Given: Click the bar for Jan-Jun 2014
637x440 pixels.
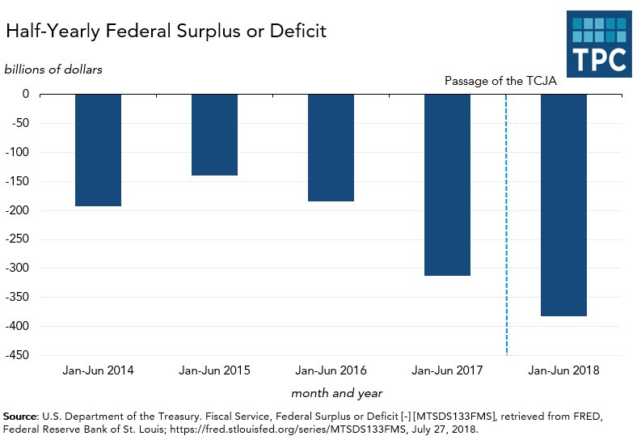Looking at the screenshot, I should tap(98, 150).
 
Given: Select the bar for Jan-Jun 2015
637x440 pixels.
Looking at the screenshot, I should tap(214, 134).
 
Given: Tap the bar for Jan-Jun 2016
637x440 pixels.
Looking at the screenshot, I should tap(331, 147).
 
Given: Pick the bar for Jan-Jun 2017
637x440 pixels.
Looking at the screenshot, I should tap(447, 184).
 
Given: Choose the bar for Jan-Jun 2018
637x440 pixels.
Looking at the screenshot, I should tap(563, 205).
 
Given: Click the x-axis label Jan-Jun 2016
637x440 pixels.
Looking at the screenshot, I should tap(331, 371).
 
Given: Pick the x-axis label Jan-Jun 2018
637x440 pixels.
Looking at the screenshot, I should tap(563, 371).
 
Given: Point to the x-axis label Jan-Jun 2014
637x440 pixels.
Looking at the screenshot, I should tap(98, 371).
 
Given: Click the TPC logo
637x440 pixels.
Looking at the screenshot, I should tap(598, 44).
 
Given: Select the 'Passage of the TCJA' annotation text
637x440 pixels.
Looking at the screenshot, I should tap(500, 81).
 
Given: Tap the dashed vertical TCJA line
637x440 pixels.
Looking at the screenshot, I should tap(506, 243).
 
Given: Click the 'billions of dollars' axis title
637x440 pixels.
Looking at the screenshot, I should tap(53, 69).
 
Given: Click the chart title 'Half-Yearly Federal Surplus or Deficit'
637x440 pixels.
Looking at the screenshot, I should tap(166, 32).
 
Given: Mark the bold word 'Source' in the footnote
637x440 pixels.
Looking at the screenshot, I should tap(19, 416).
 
